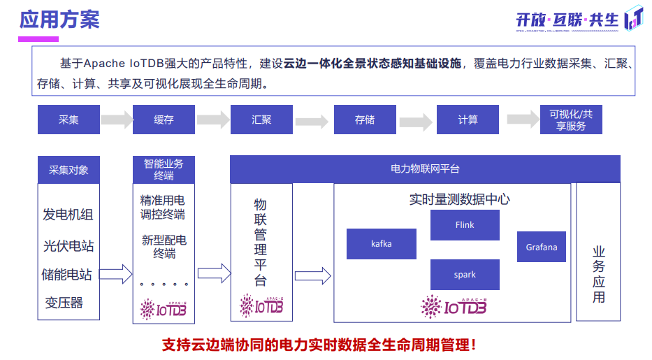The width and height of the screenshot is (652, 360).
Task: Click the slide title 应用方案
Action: (59, 19)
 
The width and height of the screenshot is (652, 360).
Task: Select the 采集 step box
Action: (68, 120)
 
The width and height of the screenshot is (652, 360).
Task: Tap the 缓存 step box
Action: (164, 120)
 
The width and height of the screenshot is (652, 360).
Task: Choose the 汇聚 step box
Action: (261, 120)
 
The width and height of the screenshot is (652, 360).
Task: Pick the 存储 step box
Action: (364, 120)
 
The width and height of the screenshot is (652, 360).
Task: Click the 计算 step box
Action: (468, 120)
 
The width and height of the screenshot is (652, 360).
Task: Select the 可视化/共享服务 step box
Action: (571, 120)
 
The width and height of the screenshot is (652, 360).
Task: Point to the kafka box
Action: (382, 244)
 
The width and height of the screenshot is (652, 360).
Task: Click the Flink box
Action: (465, 225)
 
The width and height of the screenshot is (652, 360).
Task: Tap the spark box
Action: (465, 275)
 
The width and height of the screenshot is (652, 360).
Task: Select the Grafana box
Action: (542, 247)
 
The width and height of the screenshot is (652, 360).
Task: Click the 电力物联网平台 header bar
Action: (425, 169)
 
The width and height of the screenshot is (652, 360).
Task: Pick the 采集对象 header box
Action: (68, 170)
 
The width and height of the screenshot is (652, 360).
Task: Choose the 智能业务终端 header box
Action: (164, 169)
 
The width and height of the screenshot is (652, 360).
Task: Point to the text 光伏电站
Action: (68, 246)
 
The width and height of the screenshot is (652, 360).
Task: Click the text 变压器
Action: (64, 302)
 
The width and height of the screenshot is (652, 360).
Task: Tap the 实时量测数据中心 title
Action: (459, 199)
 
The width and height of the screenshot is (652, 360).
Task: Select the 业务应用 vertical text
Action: (598, 274)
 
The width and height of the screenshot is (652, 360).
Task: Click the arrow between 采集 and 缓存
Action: (115, 120)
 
